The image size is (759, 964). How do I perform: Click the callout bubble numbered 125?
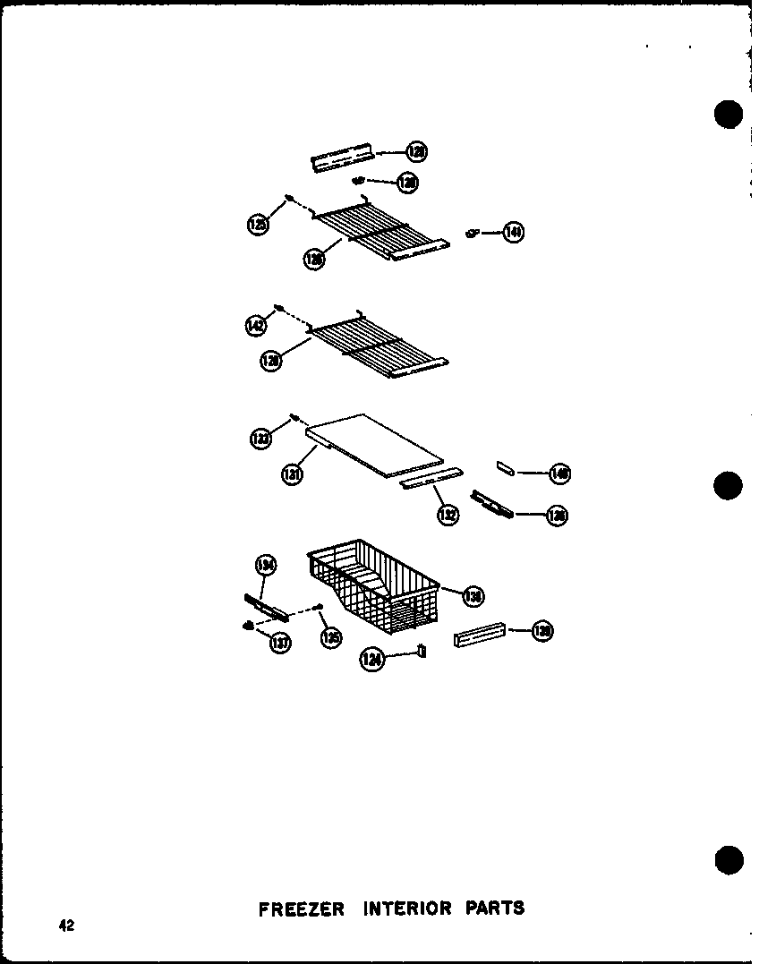point(258,225)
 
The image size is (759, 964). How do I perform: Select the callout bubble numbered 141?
point(513,233)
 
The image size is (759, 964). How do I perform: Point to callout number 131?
point(291,473)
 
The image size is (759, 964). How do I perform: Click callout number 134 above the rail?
point(266,566)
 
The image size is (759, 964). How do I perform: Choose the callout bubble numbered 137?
point(280,642)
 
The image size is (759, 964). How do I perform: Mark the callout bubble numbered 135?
point(331,637)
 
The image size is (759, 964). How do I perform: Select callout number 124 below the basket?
point(372,660)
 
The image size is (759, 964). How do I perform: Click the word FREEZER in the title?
point(301,909)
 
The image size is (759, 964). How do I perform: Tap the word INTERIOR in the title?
point(407,909)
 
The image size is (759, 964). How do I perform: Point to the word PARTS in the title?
point(494,909)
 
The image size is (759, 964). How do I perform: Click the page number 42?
point(66,927)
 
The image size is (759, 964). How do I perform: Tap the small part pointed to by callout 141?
point(472,234)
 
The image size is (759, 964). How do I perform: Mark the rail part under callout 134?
point(266,607)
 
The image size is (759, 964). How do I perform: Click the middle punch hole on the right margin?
point(729,487)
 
